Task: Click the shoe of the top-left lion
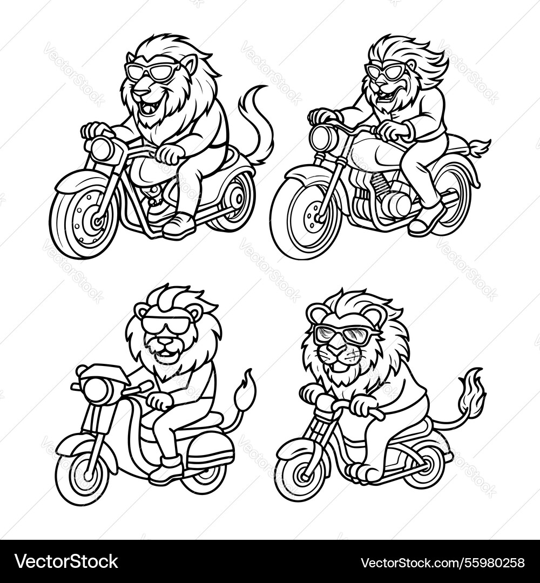point(178,226)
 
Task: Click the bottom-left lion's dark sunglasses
point(166,324)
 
